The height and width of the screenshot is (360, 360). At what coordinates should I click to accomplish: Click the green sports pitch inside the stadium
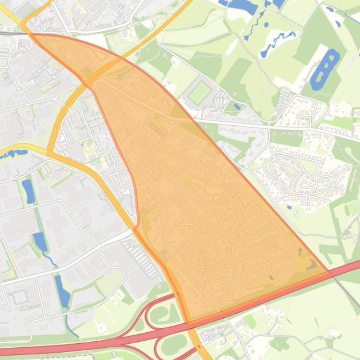(x=200, y=93)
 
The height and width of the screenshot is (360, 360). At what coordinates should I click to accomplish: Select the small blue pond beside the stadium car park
(x=237, y=107)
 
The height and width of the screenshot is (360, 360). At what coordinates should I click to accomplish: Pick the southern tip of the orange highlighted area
(x=189, y=323)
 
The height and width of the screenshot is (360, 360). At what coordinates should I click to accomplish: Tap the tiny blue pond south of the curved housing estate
(x=289, y=207)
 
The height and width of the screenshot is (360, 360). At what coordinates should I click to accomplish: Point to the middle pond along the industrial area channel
(x=40, y=241)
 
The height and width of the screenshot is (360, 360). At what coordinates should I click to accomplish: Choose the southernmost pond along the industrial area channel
(x=62, y=292)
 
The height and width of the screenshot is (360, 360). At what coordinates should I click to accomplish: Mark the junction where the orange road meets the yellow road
(x=48, y=153)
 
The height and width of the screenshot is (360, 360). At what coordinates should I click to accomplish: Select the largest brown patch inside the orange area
(x=311, y=265)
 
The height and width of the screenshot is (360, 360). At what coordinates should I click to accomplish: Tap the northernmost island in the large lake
(x=334, y=58)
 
